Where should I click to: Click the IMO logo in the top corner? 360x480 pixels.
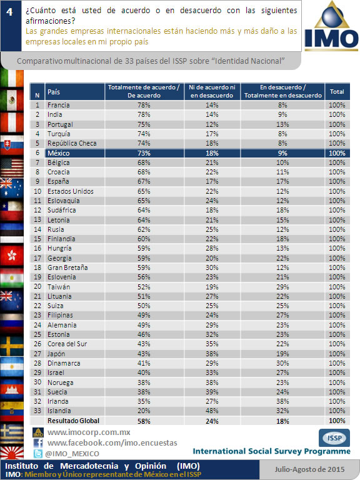tap(331, 26)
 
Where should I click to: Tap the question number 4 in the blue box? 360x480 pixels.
tap(10, 12)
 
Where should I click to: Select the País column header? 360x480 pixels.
tap(54, 92)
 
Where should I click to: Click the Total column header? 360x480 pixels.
tap(337, 91)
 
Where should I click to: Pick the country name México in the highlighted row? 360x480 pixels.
tap(59, 153)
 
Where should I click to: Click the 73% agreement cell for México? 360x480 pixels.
tap(144, 153)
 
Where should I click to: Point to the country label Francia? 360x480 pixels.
tap(59, 105)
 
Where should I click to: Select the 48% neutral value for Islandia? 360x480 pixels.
tap(212, 411)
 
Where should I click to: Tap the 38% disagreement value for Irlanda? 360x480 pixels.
tap(282, 401)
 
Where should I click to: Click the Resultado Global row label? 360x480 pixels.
tap(74, 421)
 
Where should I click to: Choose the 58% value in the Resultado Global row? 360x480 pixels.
tap(144, 421)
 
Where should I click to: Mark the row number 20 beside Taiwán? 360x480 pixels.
tap(37, 286)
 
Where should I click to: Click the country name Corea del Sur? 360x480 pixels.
tap(67, 344)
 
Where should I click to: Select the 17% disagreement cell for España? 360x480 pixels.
tap(282, 181)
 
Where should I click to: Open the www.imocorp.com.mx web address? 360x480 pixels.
tap(89, 432)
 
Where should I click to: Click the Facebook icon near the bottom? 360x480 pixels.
tap(38, 443)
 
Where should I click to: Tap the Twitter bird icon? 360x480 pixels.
tap(38, 454)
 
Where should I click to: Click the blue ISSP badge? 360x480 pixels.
tap(334, 437)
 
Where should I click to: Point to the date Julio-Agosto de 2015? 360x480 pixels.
tap(309, 469)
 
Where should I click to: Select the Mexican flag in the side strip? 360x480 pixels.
tap(12, 101)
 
